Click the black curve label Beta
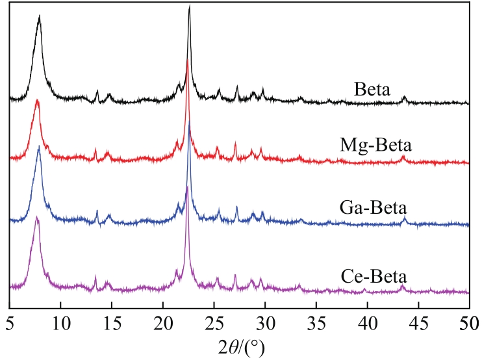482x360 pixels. tap(372, 88)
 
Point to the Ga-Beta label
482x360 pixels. tap(373, 209)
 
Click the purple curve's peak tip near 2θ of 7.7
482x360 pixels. tap(37, 218)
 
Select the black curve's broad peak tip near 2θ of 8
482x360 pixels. tap(40, 16)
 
